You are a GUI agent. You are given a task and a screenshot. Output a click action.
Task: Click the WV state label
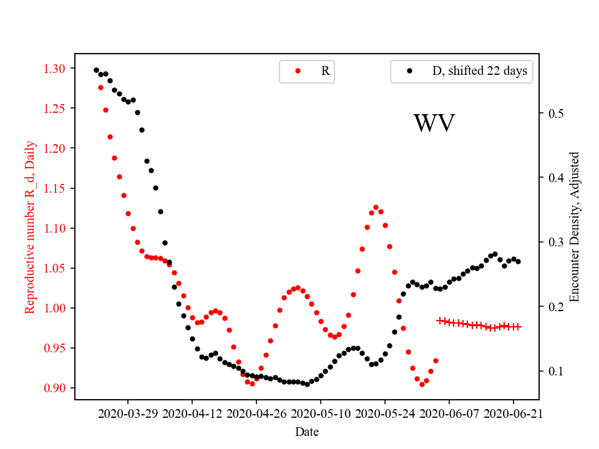point(434,123)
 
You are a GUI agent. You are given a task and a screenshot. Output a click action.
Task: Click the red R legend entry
point(307,71)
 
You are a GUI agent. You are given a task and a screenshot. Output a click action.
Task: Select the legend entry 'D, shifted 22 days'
point(460,71)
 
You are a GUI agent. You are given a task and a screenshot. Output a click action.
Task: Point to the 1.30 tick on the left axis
point(59,68)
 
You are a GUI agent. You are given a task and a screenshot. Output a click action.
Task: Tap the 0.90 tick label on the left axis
point(59,388)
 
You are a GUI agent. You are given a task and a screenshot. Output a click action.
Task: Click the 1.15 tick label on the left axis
point(59,188)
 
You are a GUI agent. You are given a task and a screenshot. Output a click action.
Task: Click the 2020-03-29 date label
point(128,413)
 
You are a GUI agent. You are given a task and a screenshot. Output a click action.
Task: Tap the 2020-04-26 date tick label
point(256,413)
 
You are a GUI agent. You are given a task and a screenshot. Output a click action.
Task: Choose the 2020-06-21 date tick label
point(513,413)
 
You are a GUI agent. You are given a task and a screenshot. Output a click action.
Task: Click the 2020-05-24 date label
point(385,413)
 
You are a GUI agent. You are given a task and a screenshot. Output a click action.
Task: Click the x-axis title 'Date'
point(307,432)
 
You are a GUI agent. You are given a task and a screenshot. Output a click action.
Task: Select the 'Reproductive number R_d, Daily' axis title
point(30,227)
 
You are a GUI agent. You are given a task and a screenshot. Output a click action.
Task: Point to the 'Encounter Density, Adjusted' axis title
point(575,227)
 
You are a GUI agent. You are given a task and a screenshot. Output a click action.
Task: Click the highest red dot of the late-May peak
point(376,207)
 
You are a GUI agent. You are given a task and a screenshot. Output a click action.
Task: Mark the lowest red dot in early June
point(422,384)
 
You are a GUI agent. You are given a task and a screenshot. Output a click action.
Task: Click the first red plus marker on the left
point(440,321)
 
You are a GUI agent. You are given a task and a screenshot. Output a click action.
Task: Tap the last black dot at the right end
point(519,261)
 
